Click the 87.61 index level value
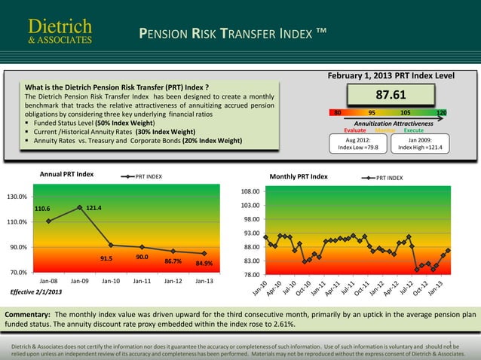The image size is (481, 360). tap(391, 95)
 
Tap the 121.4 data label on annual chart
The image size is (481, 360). tap(95, 207)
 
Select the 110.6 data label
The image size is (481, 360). tap(43, 209)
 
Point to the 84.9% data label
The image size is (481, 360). tap(204, 264)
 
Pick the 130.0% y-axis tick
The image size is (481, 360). tap(17, 197)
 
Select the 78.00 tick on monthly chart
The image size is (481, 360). tap(250, 275)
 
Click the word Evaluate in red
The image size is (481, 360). tap(355, 130)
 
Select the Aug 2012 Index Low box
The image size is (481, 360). tap(357, 143)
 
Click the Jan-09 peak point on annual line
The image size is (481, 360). tap(79, 207)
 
